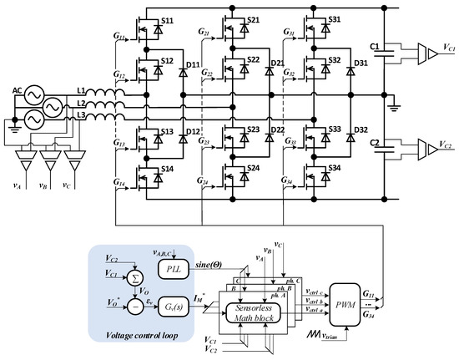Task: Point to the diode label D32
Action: point(361,132)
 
